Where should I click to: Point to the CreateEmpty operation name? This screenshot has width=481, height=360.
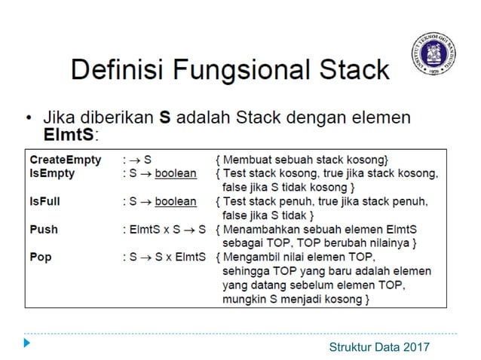click(x=65, y=160)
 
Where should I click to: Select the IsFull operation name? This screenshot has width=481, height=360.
click(x=47, y=201)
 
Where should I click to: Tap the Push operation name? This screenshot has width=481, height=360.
click(x=43, y=229)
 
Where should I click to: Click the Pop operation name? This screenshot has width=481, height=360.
click(x=41, y=257)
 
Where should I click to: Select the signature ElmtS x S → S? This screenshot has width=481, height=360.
click(x=165, y=229)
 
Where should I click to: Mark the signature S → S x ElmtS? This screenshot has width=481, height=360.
click(x=165, y=257)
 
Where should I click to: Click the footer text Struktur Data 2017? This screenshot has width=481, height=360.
click(x=379, y=346)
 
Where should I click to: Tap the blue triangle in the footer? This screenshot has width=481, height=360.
click(x=27, y=343)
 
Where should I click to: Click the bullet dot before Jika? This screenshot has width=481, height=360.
click(x=29, y=118)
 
